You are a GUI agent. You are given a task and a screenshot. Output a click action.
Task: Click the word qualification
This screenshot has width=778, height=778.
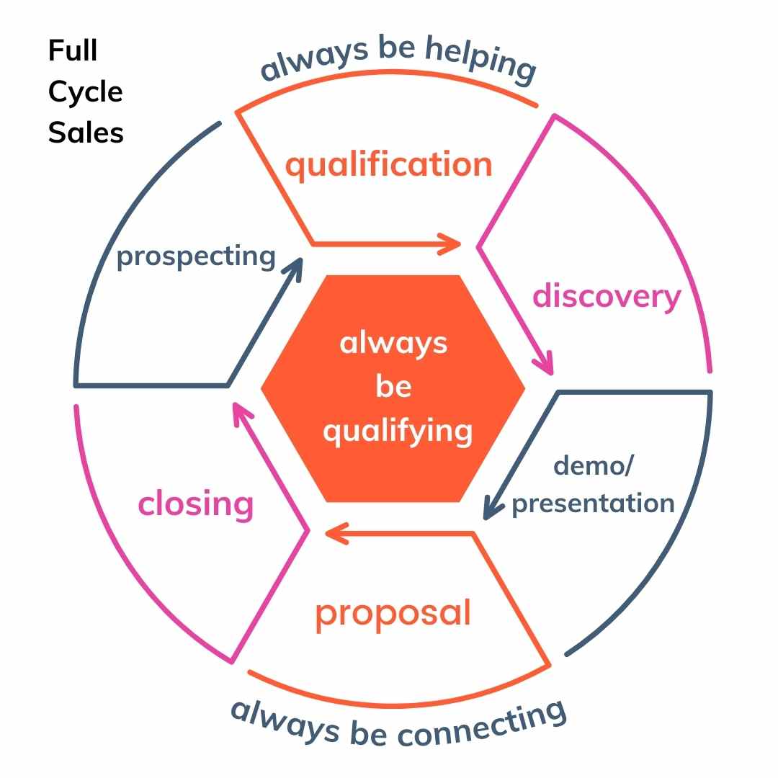pos(388,165)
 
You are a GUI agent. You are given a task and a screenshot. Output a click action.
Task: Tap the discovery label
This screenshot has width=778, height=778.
pos(607,296)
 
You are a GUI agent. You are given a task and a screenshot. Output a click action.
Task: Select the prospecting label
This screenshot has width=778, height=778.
pos(196,256)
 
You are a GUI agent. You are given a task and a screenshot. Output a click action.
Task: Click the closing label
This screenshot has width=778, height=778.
pos(195,504)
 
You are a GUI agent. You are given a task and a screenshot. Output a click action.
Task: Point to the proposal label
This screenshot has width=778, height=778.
pos(393,613)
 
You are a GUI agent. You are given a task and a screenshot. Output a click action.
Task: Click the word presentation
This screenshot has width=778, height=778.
pos(593,504)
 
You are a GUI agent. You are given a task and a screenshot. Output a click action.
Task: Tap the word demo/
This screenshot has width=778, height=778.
pos(593,466)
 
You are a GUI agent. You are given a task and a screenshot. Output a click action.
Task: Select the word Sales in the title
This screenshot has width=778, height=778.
pos(86,133)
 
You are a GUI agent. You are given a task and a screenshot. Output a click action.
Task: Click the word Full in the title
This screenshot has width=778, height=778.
pos(73,51)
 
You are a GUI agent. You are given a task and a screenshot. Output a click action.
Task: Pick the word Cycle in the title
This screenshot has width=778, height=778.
pos(86,92)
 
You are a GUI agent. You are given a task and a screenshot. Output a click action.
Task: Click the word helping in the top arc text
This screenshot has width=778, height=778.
pos(480,58)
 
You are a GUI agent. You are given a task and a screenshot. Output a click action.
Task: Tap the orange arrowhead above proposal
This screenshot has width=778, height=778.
pos(334,533)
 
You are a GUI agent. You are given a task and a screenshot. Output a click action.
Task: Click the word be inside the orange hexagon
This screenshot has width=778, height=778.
pos(393,388)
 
